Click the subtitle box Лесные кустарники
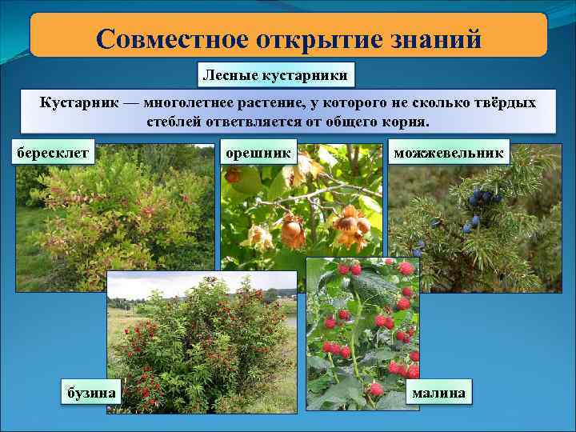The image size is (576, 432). point(275,76)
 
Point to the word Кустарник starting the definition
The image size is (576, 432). point(74,103)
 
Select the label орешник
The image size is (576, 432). point(258,150)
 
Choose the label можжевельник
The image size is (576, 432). point(448,150)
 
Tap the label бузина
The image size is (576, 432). point(90,392)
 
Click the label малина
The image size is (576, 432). point(438,392)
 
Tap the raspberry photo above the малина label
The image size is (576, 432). point(364,328)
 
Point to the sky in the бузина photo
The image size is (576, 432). point(200,282)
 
